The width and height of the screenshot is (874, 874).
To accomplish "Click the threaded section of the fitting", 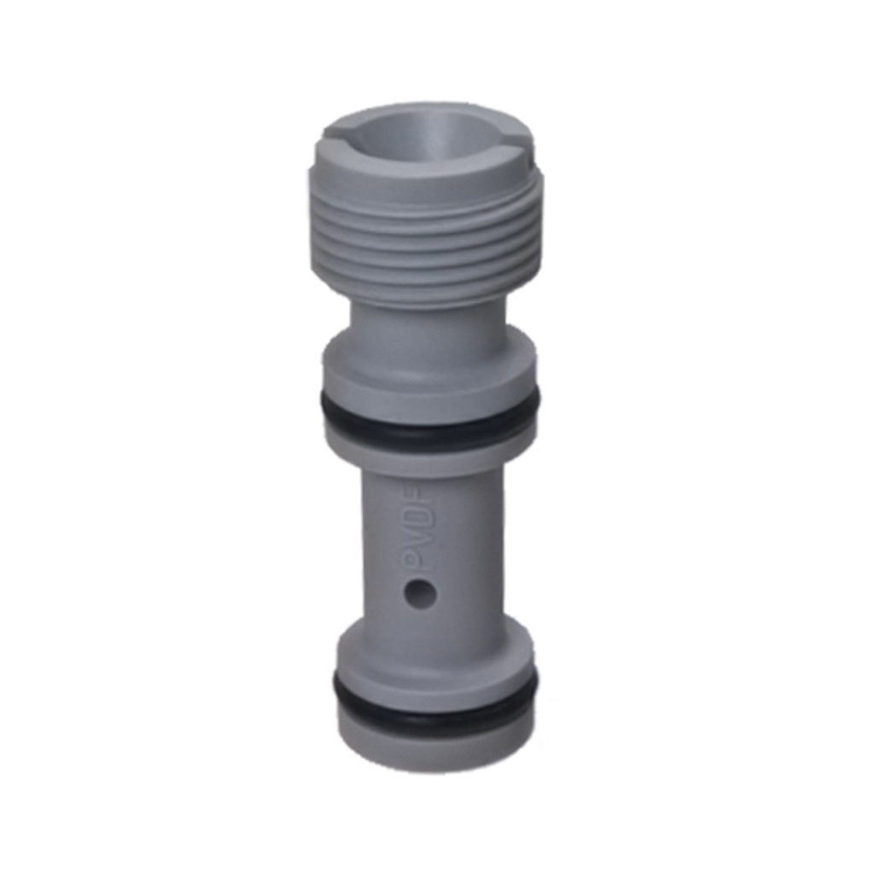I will (425, 239).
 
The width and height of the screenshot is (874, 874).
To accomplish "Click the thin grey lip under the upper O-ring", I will (429, 444).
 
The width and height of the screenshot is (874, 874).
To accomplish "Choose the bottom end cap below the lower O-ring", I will (435, 738).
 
